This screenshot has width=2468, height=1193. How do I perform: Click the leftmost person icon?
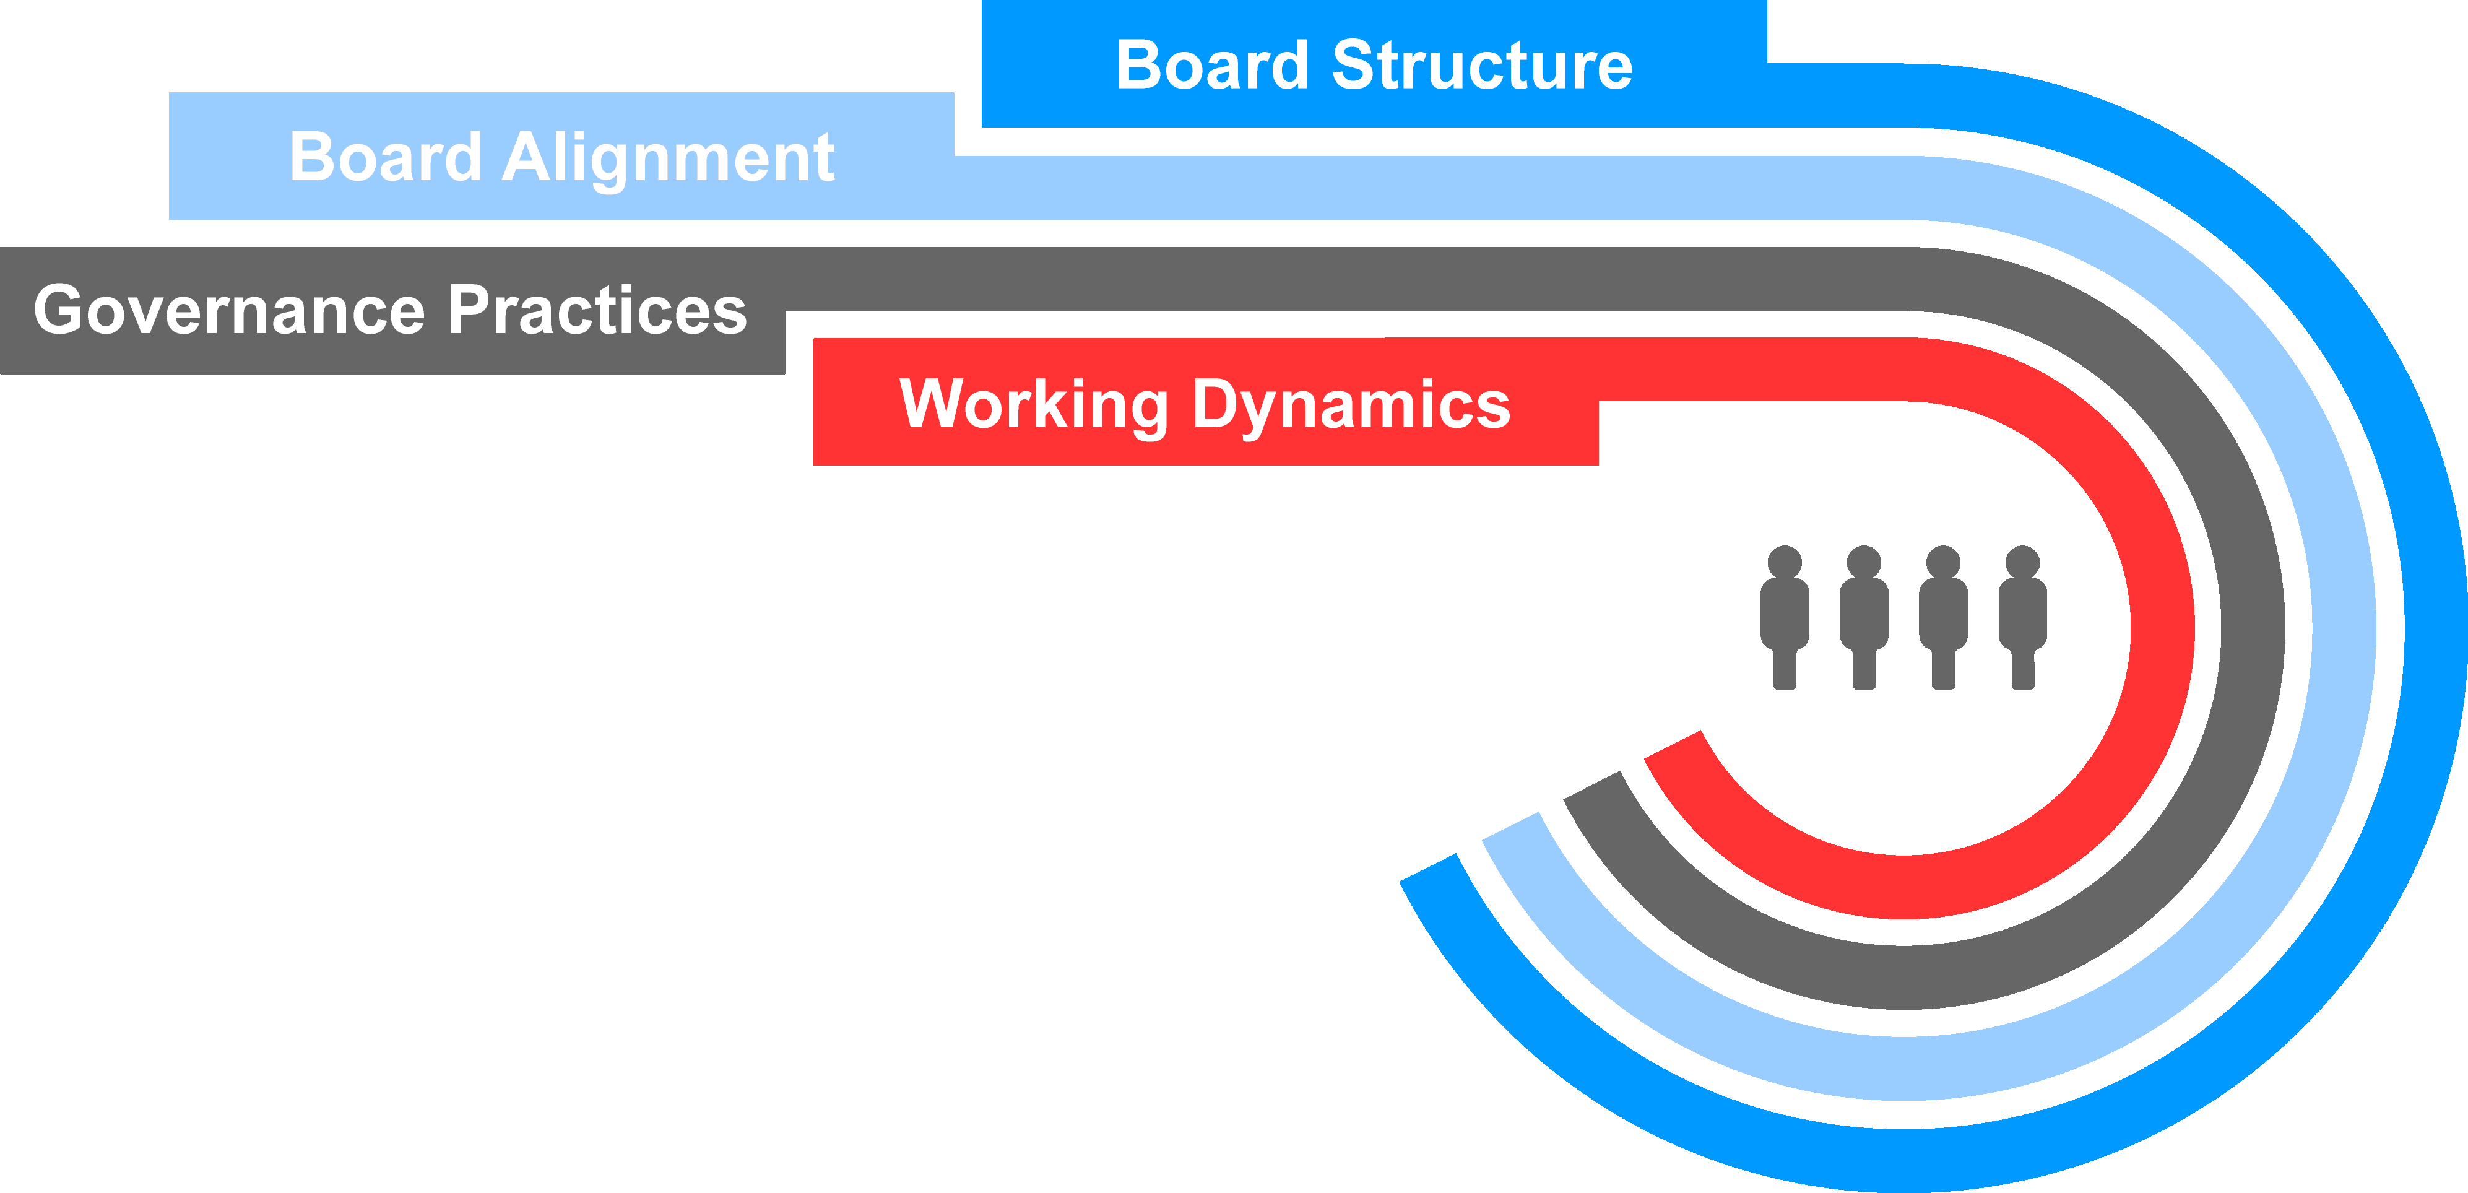tap(1784, 617)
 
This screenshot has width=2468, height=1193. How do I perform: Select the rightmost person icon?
tap(2022, 617)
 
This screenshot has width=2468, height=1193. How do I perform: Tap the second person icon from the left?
tap(1863, 617)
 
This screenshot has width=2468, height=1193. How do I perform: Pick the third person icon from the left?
tap(1943, 617)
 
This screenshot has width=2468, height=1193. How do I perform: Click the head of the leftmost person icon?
tap(1784, 562)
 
